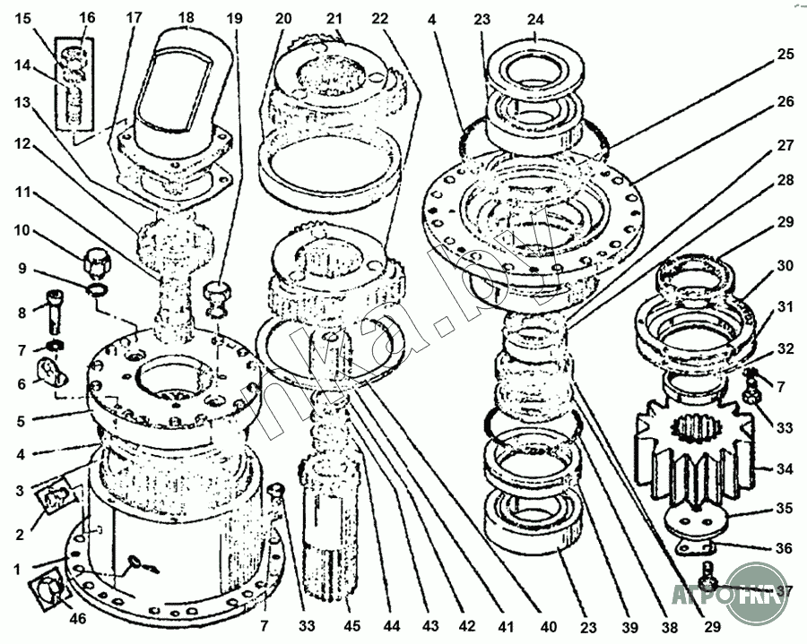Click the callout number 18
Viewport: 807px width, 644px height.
coord(186,18)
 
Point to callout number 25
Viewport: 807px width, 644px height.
coord(785,54)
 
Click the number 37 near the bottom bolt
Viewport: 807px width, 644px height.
coord(785,591)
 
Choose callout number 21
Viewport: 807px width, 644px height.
coord(334,18)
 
